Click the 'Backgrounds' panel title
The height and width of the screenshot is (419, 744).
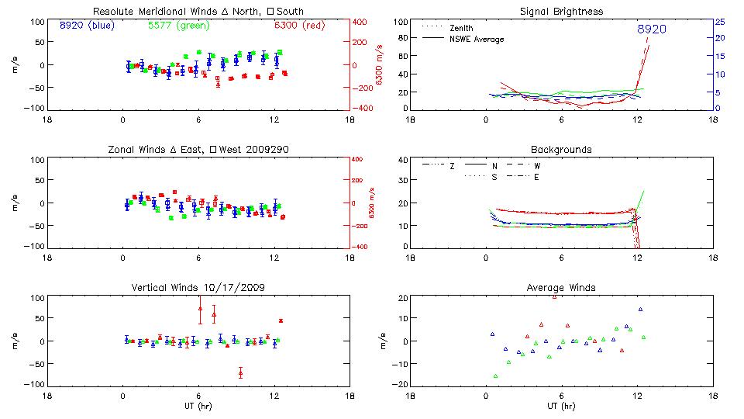tap(561, 149)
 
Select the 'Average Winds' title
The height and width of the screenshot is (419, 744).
tap(561, 288)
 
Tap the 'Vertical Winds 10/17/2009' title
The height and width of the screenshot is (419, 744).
tap(198, 288)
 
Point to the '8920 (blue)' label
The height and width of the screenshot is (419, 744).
tap(87, 26)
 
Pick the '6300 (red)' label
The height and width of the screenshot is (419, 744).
tap(299, 26)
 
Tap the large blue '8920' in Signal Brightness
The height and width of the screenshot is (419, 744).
tap(651, 29)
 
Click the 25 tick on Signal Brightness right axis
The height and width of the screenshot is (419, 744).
tap(719, 22)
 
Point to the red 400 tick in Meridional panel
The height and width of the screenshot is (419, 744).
tap(362, 22)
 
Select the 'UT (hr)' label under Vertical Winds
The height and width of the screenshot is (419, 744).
tap(198, 406)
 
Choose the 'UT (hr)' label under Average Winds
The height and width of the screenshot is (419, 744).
tap(561, 406)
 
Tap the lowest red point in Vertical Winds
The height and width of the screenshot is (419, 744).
tap(240, 372)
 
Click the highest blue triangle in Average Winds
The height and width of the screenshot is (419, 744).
tap(640, 310)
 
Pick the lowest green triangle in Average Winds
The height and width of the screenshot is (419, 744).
tap(495, 376)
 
